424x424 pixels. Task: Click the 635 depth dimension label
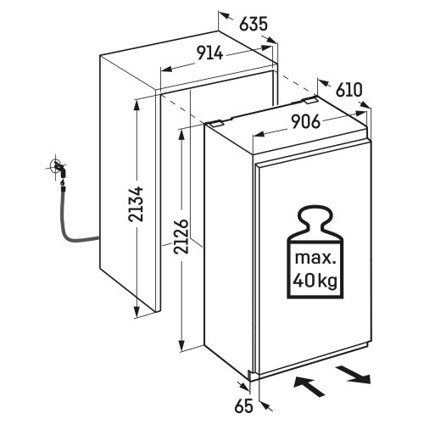[254, 24]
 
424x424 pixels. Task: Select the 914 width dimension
[210, 53]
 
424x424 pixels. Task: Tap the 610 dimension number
[349, 90]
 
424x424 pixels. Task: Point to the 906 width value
[306, 122]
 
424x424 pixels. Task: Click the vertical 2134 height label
[136, 204]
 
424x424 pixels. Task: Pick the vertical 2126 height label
[181, 236]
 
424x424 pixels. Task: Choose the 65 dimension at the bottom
[243, 407]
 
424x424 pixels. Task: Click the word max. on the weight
[315, 259]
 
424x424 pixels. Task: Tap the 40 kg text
[315, 281]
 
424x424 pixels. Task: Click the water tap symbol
[60, 169]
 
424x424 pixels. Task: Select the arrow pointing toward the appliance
[309, 386]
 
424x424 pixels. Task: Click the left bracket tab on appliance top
[215, 123]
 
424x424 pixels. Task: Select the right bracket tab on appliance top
[310, 100]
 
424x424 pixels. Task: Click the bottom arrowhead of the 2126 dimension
[181, 345]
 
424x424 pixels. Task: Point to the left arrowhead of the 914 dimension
[166, 69]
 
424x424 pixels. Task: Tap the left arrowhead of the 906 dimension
[259, 134]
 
